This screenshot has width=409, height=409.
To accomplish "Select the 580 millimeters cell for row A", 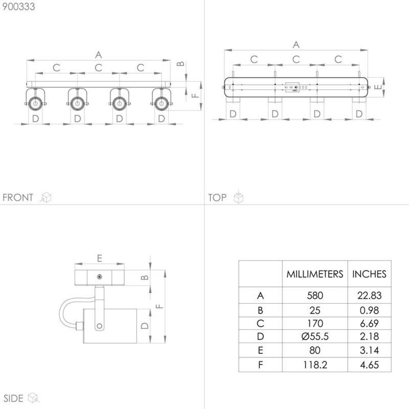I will coord(315,295).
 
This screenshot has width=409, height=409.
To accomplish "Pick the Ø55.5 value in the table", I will coord(315,337).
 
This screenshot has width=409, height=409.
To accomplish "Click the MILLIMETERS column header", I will coord(315,274).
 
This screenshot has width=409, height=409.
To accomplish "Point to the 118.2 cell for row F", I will coord(315,364).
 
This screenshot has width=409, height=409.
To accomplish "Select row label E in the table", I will coord(260,351).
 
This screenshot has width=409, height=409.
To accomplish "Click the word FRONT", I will coord(18,198).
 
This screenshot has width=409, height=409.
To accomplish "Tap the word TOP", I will coord(217,198).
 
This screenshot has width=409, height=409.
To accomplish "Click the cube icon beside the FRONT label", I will coord(46,198).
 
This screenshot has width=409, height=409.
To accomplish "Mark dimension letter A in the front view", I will coord(98,54).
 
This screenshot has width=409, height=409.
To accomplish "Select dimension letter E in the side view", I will coord(99,258).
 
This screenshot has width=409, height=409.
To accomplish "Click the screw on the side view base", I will coord(99,277).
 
